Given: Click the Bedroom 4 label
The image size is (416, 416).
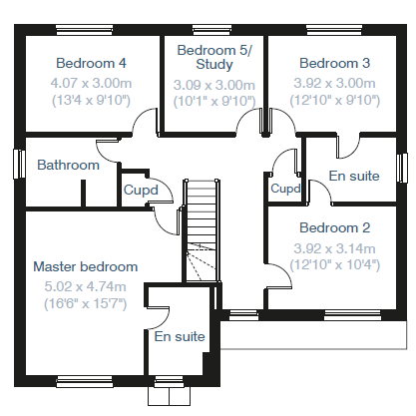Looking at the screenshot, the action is click(91, 63).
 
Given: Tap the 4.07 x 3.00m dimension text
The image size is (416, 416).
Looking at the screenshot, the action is click(91, 83).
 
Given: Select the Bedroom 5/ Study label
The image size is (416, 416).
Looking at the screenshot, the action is click(214, 57).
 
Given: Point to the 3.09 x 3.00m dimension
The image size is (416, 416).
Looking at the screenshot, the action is click(214, 85).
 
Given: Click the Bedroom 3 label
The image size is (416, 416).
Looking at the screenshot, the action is click(335, 63).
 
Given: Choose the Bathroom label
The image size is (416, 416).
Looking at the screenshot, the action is click(68, 165).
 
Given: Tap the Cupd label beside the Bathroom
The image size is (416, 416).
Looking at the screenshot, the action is click(141, 191).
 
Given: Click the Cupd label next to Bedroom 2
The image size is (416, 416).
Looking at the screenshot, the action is click(285, 189).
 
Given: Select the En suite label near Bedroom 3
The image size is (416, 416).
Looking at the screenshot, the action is click(354, 176).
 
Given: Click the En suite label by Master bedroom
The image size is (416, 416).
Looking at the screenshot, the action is click(180, 336).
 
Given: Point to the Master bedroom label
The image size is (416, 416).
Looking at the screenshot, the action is click(86, 266).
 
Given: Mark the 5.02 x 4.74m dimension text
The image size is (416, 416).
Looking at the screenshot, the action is click(85, 286).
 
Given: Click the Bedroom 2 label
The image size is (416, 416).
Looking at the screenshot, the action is click(335, 227).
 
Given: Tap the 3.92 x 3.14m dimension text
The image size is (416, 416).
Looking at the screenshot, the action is click(335, 248).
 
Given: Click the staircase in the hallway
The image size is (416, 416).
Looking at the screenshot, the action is click(202, 230).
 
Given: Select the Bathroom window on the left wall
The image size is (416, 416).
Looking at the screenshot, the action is click(19, 164).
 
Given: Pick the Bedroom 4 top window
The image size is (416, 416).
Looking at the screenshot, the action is click(85, 30).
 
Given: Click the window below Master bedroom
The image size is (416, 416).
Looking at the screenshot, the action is click(85, 382).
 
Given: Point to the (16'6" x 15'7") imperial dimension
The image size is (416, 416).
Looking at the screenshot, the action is click(86, 304).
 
